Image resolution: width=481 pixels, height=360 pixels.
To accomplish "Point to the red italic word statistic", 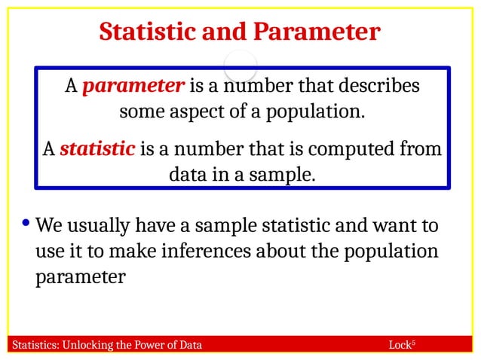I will pos(97,148).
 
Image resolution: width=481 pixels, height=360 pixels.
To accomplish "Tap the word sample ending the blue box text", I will pos(284,175).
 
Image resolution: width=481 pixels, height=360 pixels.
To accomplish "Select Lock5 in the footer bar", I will pos(402,346).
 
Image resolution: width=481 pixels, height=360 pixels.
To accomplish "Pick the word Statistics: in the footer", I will pos(34,346).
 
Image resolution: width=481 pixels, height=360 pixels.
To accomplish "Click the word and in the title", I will pos(225,32).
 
